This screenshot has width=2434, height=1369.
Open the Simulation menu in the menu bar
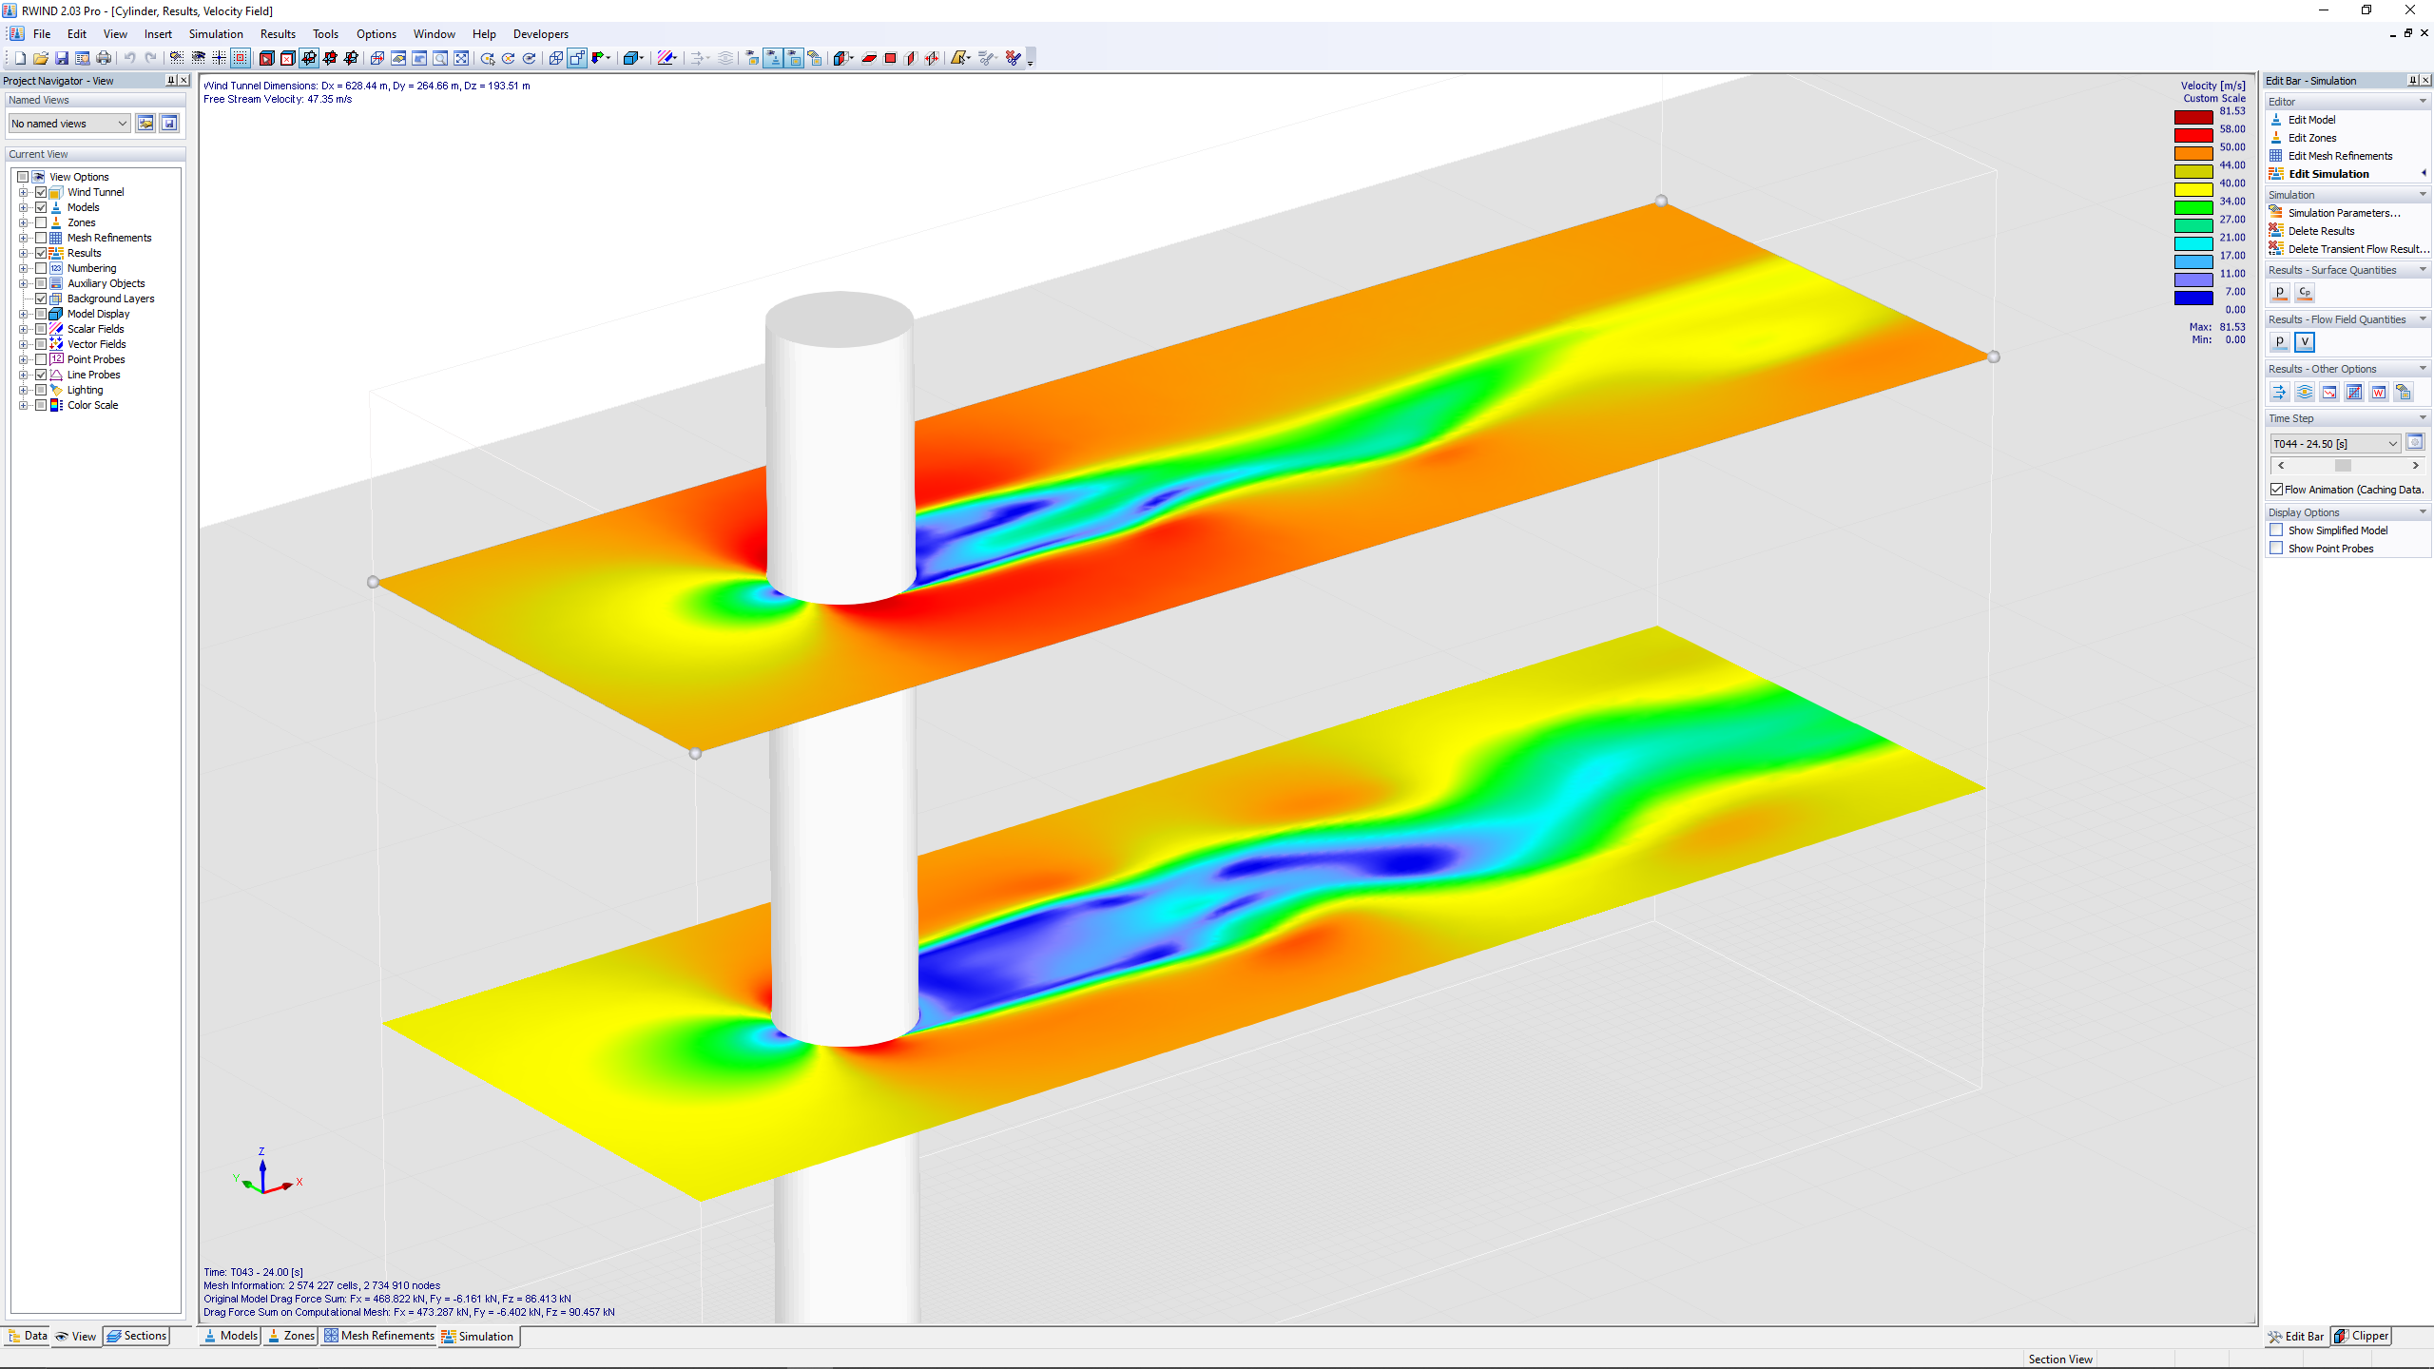coord(216,34)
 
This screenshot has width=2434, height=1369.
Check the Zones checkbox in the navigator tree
coord(41,222)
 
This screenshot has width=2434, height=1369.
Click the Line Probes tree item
coord(93,375)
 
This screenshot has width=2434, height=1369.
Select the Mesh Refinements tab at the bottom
coord(379,1336)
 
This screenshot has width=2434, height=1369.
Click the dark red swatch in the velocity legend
coord(2193,118)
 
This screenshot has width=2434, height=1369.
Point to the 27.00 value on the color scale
coord(2232,220)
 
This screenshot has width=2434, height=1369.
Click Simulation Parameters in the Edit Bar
coord(2344,213)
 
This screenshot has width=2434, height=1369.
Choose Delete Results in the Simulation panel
coord(2321,231)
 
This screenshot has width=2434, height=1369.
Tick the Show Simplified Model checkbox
coord(2276,530)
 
